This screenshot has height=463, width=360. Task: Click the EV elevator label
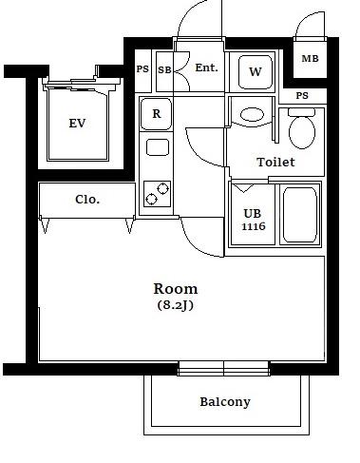[x=77, y=124]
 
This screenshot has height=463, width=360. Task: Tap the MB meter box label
[x=310, y=59]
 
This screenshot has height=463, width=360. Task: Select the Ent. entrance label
[x=206, y=68]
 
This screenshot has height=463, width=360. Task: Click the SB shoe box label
[x=164, y=69]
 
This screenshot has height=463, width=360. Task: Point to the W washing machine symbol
[x=256, y=72]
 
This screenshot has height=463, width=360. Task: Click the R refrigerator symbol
[x=157, y=114]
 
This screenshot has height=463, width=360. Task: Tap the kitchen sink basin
[x=158, y=147]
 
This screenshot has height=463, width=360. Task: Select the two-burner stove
[x=157, y=194]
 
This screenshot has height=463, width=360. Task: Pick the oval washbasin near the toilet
[x=252, y=115]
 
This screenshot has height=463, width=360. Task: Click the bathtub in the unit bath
[x=300, y=215]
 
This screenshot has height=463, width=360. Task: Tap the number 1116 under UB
[x=254, y=226]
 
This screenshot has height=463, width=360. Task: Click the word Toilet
[x=275, y=163]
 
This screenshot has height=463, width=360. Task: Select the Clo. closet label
[x=87, y=200]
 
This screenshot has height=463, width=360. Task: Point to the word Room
[x=176, y=289]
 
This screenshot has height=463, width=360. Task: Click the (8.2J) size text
[x=176, y=305]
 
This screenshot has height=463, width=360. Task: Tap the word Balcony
[x=225, y=402]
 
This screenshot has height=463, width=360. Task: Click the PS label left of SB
[x=142, y=69]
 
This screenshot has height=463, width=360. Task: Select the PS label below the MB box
[x=302, y=95]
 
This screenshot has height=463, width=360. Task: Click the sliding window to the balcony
[x=224, y=368]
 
